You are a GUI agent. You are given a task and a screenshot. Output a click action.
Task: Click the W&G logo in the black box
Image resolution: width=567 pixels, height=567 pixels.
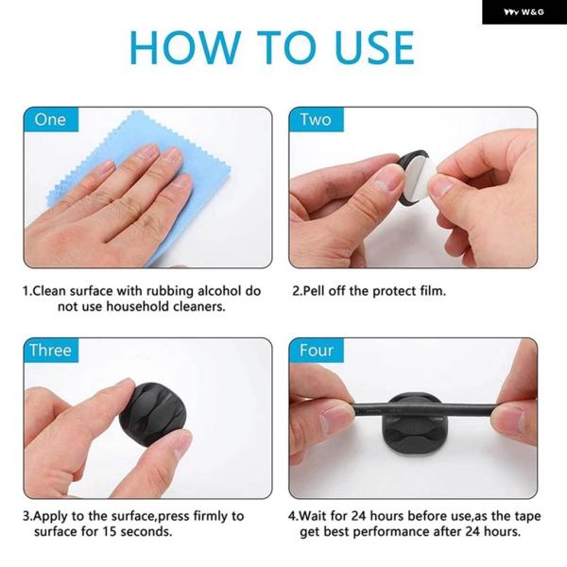point(524,12)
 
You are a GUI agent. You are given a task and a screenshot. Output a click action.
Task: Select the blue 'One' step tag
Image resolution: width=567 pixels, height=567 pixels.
point(51,119)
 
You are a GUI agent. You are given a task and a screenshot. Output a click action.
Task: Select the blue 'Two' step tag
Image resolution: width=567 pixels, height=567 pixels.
point(317,119)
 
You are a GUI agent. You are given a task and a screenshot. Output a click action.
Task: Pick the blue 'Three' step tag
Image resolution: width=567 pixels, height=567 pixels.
point(51,351)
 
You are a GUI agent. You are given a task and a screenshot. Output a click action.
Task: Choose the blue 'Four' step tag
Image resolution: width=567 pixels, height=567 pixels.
point(317,351)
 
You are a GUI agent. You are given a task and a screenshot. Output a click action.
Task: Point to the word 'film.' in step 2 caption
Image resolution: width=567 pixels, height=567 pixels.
point(433,291)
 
